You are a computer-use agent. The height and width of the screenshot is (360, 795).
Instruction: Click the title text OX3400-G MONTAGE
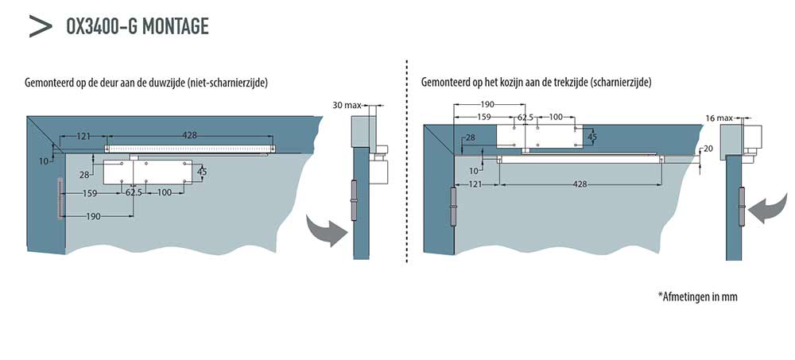[x=138, y=26]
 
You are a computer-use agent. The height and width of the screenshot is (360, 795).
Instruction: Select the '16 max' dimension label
[x=719, y=118]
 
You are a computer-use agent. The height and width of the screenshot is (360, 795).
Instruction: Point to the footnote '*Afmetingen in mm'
[x=699, y=296]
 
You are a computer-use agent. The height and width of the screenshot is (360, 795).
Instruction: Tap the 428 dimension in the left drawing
[x=189, y=136]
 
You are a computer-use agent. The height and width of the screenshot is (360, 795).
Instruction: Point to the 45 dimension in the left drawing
[x=202, y=172]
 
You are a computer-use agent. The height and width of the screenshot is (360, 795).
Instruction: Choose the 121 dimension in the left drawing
[x=83, y=136]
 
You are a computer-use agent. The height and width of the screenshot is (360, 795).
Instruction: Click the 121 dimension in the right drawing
[x=476, y=184]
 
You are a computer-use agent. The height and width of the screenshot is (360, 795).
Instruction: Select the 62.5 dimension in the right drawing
[x=525, y=118]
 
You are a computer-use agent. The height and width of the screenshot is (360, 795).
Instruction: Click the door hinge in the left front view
[x=60, y=199]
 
